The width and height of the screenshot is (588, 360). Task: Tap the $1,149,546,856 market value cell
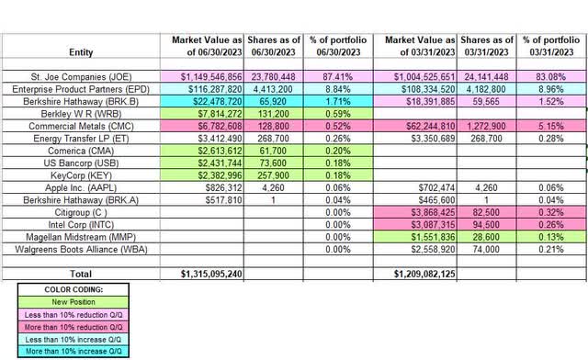tap(210, 76)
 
